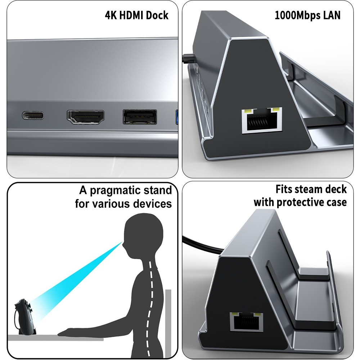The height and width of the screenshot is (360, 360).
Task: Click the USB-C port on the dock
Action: (33, 115)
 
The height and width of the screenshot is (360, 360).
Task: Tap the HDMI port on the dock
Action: (85, 117)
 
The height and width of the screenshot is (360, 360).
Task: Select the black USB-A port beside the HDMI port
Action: (140, 117)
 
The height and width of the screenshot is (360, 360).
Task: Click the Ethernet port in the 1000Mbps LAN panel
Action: (262, 120)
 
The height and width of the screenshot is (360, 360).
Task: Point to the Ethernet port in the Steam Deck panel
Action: (246, 322)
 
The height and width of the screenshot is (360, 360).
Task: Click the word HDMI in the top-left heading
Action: (131, 15)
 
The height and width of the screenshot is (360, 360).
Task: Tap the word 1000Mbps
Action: (298, 15)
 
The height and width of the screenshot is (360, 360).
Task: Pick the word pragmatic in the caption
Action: (115, 190)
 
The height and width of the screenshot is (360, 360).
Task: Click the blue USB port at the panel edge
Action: (177, 117)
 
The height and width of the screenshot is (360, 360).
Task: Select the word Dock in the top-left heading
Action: (157, 15)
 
